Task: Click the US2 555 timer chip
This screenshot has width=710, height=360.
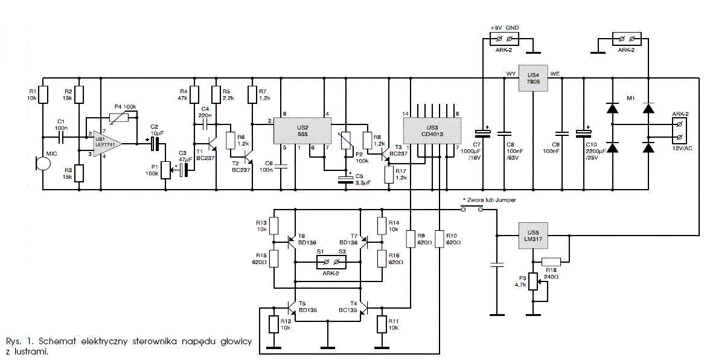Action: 302,131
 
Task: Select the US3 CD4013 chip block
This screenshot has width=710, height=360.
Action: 432,131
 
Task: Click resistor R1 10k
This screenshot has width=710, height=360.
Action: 43,95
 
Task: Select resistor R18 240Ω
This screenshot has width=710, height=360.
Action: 551,261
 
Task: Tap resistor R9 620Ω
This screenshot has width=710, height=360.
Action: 411,239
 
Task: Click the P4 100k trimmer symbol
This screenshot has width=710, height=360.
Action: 121,117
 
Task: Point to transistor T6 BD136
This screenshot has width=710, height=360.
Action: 292,242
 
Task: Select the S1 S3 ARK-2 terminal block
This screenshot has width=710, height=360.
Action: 330,262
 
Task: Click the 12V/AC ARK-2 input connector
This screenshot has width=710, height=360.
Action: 679,130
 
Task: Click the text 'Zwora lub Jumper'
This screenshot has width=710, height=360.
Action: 490,200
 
